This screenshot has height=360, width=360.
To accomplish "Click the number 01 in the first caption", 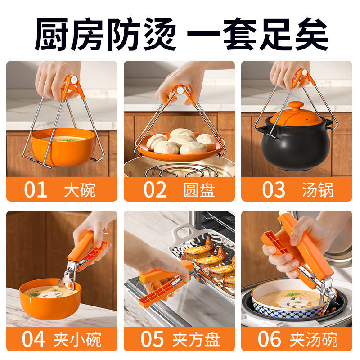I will click(36, 189).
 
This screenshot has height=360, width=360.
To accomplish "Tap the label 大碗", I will click(80, 189).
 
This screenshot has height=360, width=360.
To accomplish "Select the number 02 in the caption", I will click(155, 189).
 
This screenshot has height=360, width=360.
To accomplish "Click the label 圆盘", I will click(199, 189).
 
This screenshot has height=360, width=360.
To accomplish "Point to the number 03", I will click(274, 189).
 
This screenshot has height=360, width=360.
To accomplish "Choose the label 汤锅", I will click(318, 189).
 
